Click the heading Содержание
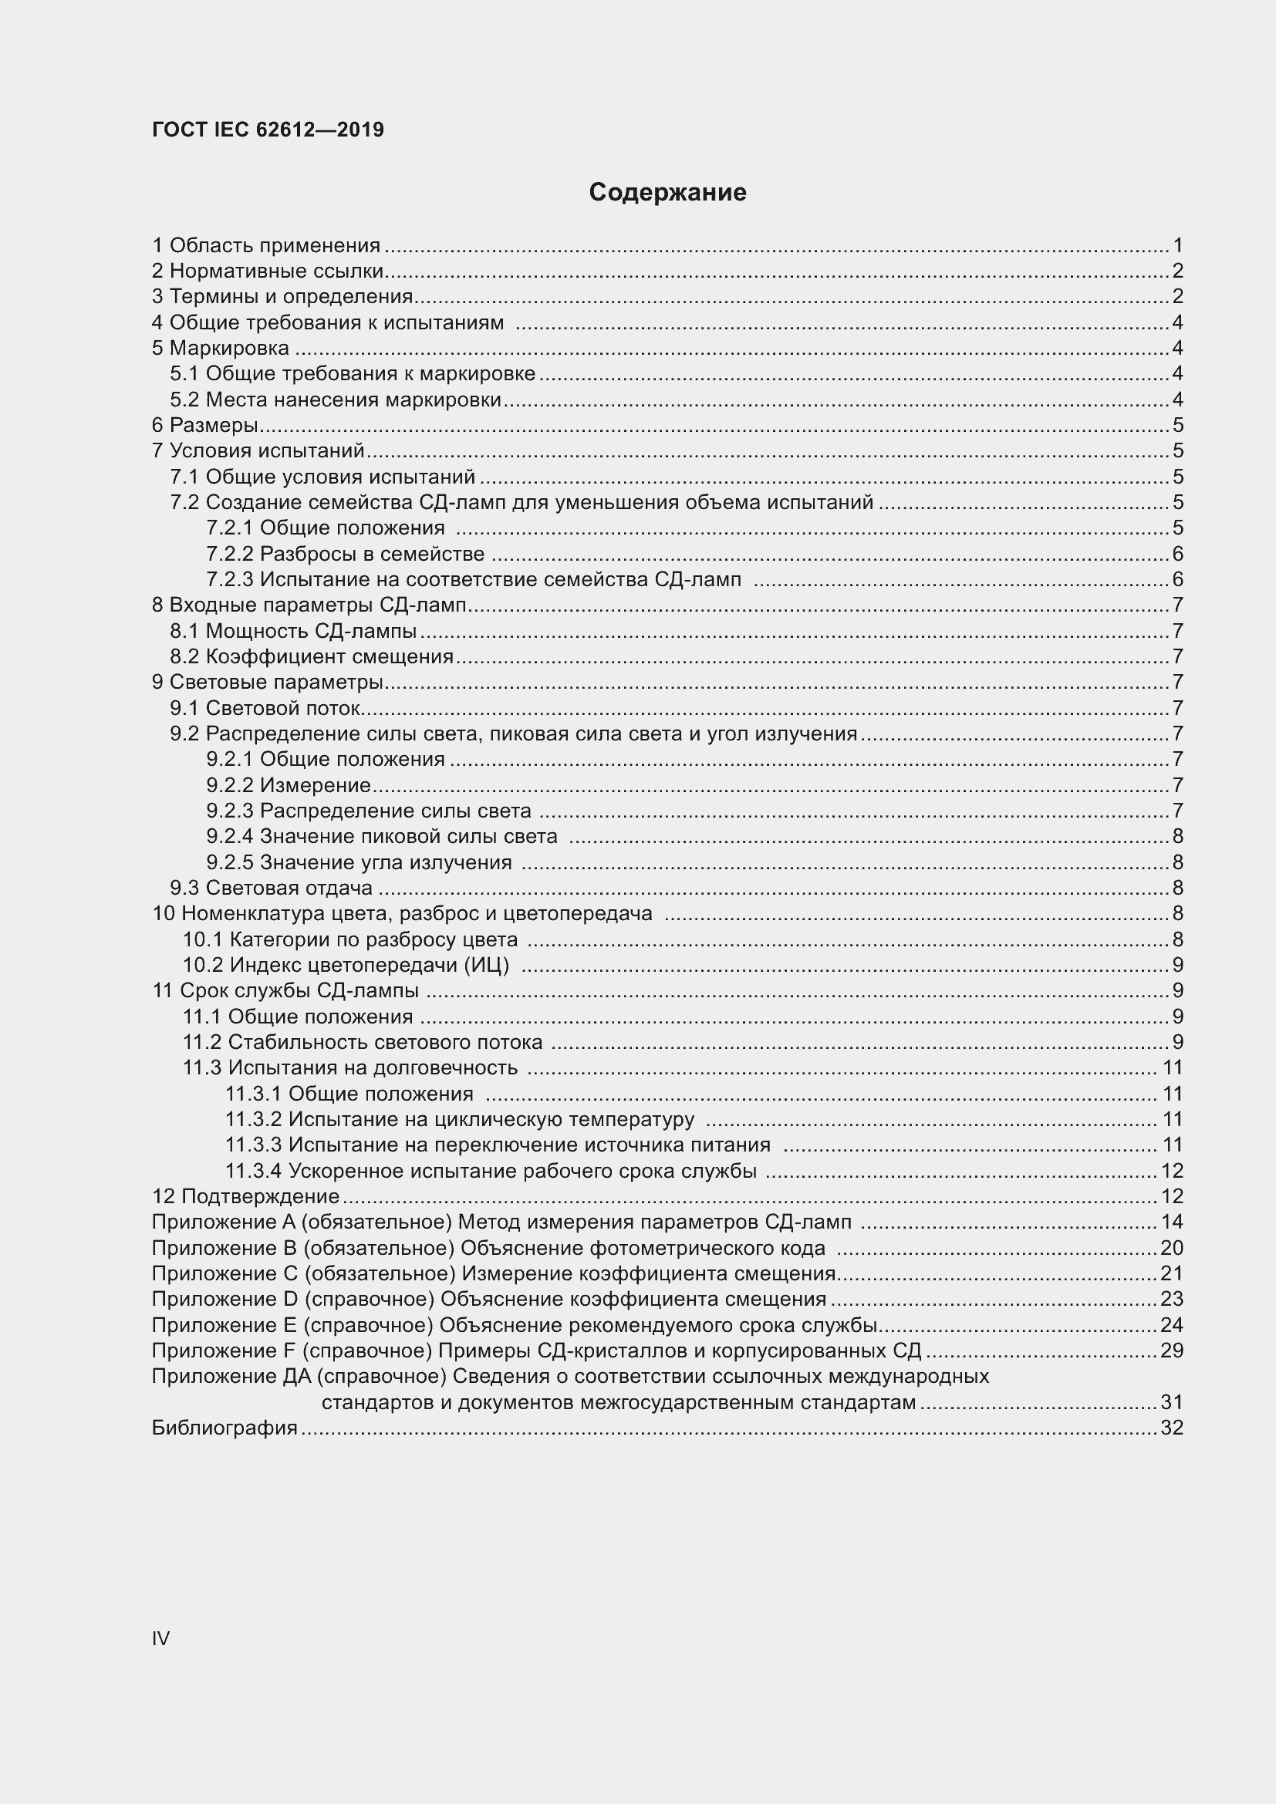(x=667, y=193)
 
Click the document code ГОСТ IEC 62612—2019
(x=267, y=130)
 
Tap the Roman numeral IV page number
(x=160, y=1638)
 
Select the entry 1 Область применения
(x=265, y=246)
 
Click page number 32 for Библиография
(x=1171, y=1428)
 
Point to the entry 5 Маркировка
(x=220, y=348)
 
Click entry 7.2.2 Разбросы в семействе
(x=345, y=554)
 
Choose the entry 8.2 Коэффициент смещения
(x=311, y=657)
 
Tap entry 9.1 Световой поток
(x=265, y=709)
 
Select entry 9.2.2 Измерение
(x=288, y=786)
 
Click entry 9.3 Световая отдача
(x=271, y=889)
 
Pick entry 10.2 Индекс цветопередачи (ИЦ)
(x=346, y=966)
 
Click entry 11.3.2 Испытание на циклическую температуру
(x=460, y=1120)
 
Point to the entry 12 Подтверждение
(x=245, y=1197)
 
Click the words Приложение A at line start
(x=221, y=1222)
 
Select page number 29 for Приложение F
(x=1171, y=1350)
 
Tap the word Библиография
(x=224, y=1428)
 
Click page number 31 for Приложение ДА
(x=1171, y=1402)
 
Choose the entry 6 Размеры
(x=204, y=426)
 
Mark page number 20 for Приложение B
(x=1171, y=1249)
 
